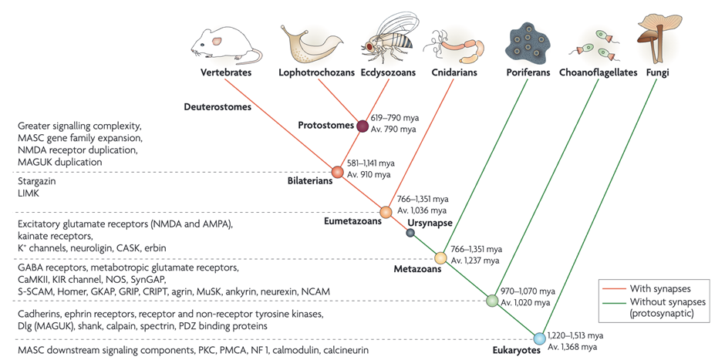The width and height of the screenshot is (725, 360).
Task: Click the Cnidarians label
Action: [450, 73]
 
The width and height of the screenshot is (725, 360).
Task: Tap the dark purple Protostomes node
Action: [361, 126]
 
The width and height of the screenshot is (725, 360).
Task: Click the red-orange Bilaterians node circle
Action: [337, 172]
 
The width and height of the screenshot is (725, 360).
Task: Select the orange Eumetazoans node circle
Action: [386, 211]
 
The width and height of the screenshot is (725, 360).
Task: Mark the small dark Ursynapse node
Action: [410, 233]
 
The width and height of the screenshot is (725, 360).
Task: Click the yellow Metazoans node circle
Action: [441, 258]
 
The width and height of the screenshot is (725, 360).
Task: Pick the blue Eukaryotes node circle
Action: [539, 338]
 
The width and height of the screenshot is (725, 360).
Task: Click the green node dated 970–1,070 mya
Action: [491, 300]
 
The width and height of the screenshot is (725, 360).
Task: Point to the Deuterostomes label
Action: [217, 107]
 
